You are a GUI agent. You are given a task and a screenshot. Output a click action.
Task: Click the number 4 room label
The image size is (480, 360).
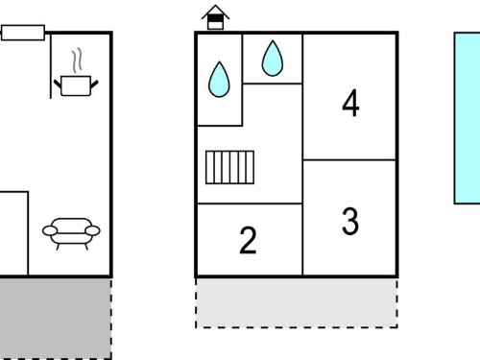coord(350,103)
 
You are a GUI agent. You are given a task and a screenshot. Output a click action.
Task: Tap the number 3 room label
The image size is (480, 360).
coord(350,221)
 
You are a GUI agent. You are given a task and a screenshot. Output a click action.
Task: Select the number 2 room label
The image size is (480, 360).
coord(248,240)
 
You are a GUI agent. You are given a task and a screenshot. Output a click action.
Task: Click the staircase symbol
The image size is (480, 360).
coord(229,167)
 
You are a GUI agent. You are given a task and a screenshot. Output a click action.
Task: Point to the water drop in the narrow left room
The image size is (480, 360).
coord(219,80)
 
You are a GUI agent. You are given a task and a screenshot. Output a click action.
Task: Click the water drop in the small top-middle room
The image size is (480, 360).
coord(273,59)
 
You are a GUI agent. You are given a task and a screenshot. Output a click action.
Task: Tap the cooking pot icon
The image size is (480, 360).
coord(76,85)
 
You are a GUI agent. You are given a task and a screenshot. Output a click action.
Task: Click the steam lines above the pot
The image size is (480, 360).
coord(77,60)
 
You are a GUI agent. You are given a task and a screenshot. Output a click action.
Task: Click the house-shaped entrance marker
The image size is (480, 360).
coord(215,17)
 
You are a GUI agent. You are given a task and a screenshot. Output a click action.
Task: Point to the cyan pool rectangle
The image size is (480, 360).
coord(468,118)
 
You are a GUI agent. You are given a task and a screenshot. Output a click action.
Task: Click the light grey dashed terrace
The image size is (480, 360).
coord(297,302)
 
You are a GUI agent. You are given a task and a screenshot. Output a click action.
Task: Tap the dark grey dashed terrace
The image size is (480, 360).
coord(56,319)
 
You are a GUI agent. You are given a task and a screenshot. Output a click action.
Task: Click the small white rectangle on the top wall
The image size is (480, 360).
coord(23,33)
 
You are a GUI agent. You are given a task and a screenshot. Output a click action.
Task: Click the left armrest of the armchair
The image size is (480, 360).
coord(50,230)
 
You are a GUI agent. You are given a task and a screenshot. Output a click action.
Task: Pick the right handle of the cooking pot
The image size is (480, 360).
coord(95,84)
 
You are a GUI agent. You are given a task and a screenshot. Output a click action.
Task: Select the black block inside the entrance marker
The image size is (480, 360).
coord(215,18)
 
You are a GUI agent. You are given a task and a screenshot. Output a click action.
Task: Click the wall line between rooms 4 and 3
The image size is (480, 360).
coord(349,159)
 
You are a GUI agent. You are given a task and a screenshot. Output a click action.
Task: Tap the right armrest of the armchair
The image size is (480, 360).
coord(93,230)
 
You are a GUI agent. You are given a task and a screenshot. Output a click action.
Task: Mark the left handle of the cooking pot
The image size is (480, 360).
coord(57,84)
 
